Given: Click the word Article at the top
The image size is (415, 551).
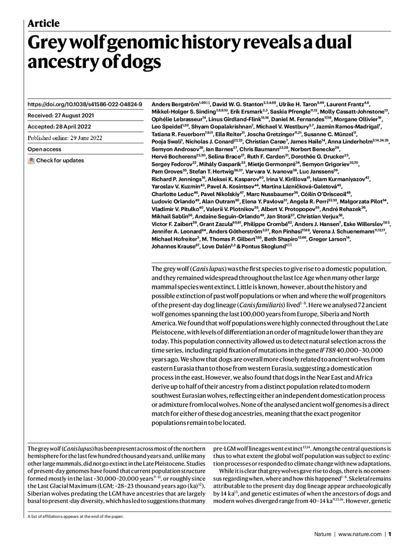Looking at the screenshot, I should click(x=44, y=23).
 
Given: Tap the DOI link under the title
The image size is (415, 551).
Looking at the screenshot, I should click(x=85, y=104).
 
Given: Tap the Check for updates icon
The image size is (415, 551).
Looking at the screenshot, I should click(x=32, y=161).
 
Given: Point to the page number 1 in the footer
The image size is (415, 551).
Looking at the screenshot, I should click(x=389, y=534).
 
